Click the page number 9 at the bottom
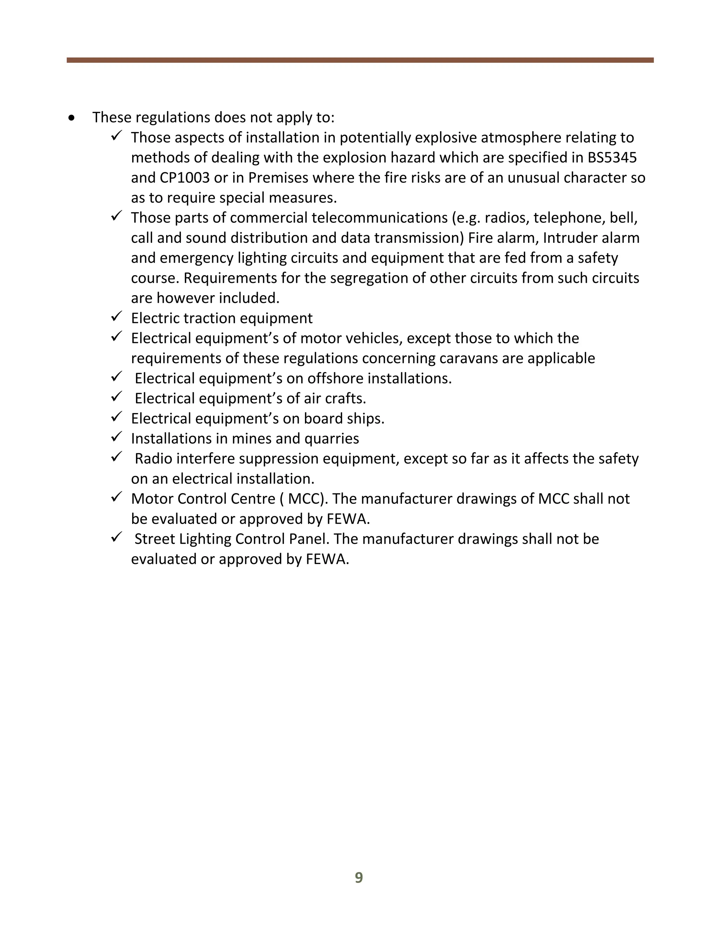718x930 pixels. pos(359,878)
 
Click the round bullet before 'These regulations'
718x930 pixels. pos(72,118)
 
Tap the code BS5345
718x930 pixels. pos(612,158)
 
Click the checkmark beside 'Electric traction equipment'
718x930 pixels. pos(116,317)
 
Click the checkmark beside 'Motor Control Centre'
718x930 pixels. pos(116,497)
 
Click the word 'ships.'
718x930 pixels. pos(365,419)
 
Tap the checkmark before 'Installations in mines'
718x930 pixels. pos(116,437)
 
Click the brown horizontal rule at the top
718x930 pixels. pos(360,60)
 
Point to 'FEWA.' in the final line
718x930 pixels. pos(327,559)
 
